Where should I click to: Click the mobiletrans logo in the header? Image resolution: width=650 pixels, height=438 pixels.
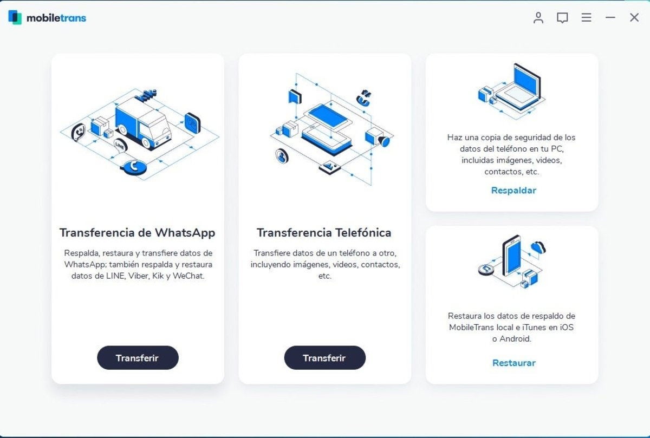point(47,17)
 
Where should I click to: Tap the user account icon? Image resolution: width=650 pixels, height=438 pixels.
point(538,17)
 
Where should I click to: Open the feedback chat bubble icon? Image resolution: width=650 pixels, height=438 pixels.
point(562,18)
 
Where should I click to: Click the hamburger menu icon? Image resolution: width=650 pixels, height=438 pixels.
point(586,17)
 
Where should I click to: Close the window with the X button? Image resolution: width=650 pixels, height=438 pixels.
point(634,17)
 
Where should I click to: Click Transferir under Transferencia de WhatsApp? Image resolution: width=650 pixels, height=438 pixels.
point(138,358)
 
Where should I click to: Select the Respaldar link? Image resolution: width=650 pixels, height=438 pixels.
point(513,190)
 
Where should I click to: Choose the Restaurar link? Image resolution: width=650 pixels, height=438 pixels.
point(513,363)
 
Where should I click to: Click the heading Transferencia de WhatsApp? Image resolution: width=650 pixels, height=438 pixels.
point(137,233)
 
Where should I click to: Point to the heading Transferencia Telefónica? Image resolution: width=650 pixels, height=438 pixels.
point(324,233)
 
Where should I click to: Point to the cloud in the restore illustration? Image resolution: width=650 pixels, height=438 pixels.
point(538,248)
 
